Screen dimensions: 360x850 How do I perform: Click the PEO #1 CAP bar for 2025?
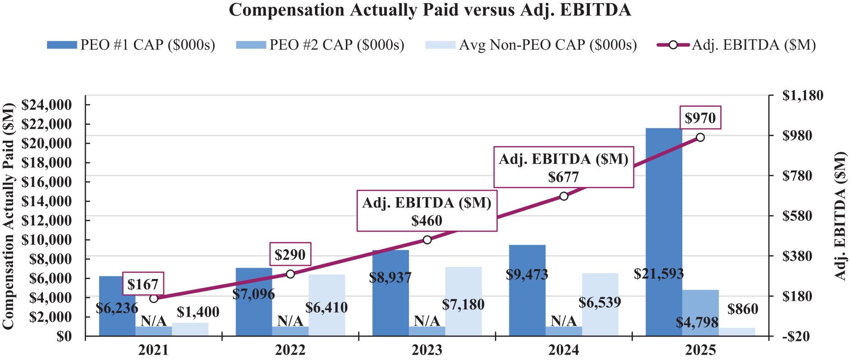[x=664, y=204]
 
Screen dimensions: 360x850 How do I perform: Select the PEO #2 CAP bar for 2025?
[x=700, y=308]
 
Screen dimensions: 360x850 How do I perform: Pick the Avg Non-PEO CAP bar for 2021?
[x=190, y=329]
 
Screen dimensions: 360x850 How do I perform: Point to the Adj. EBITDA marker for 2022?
[x=290, y=274]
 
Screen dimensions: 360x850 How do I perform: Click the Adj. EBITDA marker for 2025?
[x=700, y=137]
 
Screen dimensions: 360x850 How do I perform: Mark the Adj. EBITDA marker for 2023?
[x=427, y=240]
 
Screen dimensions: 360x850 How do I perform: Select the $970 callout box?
[x=700, y=118]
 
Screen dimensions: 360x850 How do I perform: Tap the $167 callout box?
[x=143, y=284]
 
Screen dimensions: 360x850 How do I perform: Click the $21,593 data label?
[x=658, y=274]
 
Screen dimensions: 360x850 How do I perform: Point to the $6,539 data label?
[x=600, y=302]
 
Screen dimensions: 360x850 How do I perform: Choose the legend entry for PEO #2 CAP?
[x=320, y=45]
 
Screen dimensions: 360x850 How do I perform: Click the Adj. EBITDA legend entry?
[x=736, y=45]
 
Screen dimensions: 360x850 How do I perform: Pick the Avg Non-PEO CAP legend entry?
[x=532, y=45]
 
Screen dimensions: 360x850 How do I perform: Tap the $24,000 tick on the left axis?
[x=47, y=105]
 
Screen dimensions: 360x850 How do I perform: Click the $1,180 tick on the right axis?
[x=803, y=95]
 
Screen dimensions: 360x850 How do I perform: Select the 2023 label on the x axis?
[x=427, y=350]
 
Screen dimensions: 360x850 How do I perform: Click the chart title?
[x=429, y=10]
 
